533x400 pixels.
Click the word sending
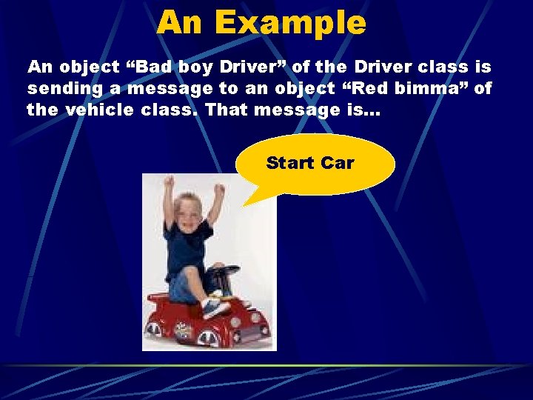[57, 89]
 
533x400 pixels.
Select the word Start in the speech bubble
[290, 162]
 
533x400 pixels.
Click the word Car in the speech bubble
[338, 162]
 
